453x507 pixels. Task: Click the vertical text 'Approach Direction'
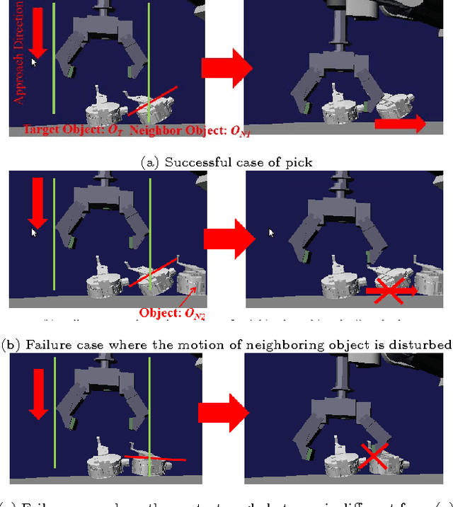click(x=19, y=53)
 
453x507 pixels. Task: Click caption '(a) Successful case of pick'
click(x=226, y=162)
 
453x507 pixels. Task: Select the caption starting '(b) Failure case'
click(x=226, y=345)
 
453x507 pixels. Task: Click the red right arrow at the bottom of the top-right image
click(x=399, y=125)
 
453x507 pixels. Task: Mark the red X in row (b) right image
click(x=389, y=290)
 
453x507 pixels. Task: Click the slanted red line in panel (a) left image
click(x=152, y=101)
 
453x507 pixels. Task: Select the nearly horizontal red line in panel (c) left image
click(x=155, y=457)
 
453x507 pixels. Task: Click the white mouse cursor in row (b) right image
click(x=271, y=232)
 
